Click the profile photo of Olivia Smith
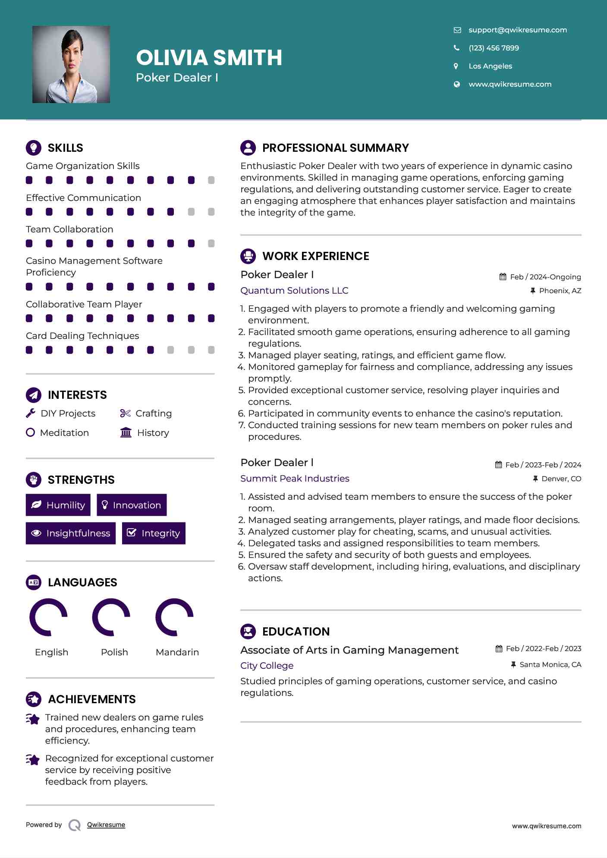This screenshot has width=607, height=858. coord(71,64)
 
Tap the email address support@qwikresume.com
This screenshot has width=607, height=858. coord(517,30)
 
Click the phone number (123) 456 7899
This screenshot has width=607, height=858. coord(494,48)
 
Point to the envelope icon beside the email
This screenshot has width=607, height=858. coord(457,30)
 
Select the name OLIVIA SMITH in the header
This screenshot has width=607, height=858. coord(209,58)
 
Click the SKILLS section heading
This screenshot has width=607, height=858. coord(65,148)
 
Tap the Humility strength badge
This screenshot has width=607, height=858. coord(58,505)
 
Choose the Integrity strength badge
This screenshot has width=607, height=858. coord(154,533)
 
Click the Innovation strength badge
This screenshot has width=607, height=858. coord(132,505)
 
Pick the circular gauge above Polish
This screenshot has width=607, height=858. coord(111,617)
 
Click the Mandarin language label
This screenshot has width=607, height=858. coord(177,652)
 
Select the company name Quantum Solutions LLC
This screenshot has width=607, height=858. coord(294,291)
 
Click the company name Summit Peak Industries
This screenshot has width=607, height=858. coord(295,479)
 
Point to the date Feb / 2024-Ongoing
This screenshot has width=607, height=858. coord(545,277)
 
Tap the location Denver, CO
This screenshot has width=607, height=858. coord(561,479)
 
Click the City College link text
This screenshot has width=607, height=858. coord(267,666)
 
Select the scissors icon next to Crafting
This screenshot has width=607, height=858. coord(125,413)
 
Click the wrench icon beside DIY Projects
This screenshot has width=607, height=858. coord(31,413)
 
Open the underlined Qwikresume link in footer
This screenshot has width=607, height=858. coord(106,825)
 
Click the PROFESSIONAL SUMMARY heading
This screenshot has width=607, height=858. coord(335,148)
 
